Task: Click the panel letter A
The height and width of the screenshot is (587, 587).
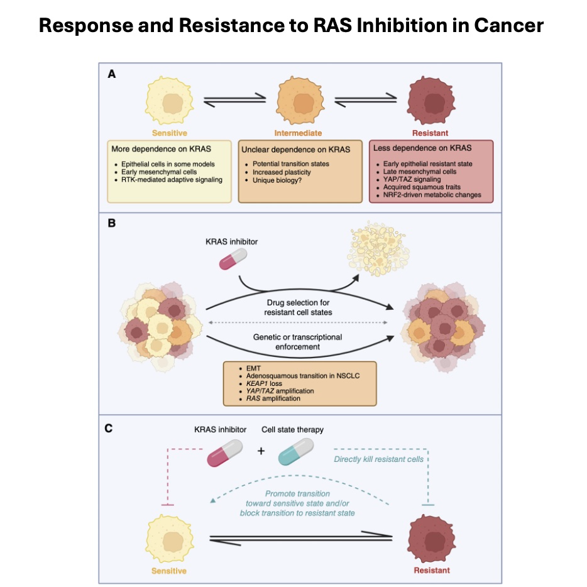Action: [112, 74]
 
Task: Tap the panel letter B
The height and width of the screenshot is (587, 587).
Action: [112, 223]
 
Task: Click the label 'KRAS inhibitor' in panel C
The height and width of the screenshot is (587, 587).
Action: [221, 431]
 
